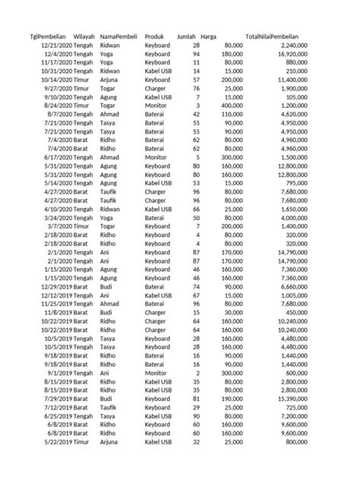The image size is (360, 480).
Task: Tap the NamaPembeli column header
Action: coord(119,36)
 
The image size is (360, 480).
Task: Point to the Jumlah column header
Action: coord(186,36)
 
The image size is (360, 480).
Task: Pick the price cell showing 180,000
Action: coord(231,54)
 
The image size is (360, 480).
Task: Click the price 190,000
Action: coord(231,398)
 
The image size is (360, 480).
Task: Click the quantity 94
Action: coord(196,54)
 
